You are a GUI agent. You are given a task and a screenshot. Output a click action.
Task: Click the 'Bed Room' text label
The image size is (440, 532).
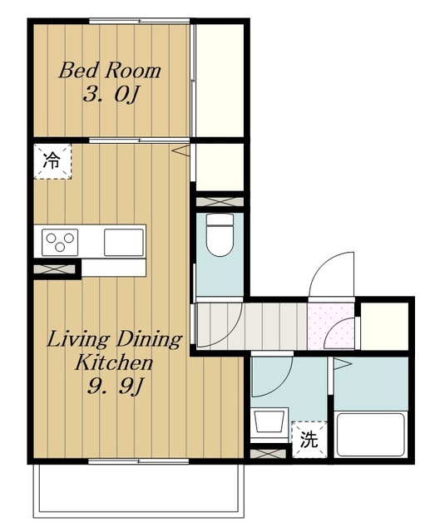pos(109,71)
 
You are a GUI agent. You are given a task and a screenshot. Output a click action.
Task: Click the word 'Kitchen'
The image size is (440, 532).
pos(114,362)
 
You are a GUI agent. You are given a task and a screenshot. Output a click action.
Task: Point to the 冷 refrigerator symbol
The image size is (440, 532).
pos(52,161)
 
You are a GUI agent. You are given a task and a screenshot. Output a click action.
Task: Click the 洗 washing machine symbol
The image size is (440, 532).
pos(309,440)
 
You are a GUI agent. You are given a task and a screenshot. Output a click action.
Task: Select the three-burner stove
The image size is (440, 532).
pos(60,242)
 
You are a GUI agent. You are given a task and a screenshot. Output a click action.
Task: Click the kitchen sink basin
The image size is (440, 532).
pos(124,242)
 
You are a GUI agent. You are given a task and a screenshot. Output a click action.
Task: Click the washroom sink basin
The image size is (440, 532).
pos(269,421)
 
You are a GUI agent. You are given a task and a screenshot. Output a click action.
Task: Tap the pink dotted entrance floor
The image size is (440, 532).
pos(331,326)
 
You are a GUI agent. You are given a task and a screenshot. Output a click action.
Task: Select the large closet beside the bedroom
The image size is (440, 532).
pos(220,81)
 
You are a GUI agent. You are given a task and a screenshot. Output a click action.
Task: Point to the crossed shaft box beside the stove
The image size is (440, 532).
pos(54,269)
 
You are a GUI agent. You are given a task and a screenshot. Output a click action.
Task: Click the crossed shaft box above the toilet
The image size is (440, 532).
pos(220,202)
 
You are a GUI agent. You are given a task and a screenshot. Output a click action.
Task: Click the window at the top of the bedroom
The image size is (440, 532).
pos(139,21)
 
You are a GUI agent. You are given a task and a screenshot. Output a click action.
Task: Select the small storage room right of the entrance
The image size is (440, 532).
pos(384,326)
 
